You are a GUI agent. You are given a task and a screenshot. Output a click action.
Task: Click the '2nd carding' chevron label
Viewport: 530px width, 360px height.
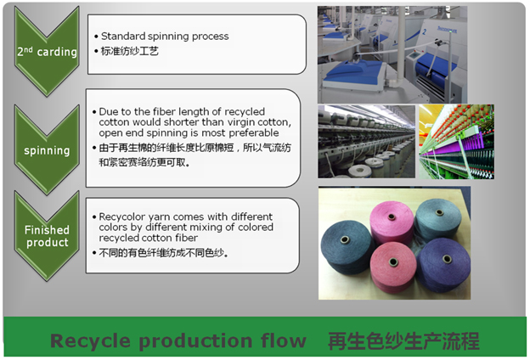(47, 52)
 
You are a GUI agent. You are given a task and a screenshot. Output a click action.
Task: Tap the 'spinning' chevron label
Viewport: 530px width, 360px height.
(47, 150)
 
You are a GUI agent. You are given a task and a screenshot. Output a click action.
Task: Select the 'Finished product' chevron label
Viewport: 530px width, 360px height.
(47, 236)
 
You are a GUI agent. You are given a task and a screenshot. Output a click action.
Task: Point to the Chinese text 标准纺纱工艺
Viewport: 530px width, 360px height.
(130, 51)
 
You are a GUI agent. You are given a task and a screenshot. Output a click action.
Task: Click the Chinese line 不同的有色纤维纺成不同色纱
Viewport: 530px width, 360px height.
(164, 252)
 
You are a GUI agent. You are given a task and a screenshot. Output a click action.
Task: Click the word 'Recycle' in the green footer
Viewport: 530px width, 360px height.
(90, 340)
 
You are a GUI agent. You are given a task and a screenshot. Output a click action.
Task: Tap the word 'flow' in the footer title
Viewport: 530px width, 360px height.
(284, 340)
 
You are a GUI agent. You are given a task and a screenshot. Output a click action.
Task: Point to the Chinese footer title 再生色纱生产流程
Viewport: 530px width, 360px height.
(403, 340)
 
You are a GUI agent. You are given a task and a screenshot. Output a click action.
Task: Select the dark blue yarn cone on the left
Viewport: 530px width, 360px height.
(346, 245)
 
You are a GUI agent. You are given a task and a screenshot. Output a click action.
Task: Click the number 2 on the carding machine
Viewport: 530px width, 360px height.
(424, 31)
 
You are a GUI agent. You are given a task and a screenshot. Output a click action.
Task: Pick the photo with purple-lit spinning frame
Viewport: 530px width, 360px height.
(456, 142)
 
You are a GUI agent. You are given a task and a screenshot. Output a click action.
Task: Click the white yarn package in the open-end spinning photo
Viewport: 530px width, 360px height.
(359, 170)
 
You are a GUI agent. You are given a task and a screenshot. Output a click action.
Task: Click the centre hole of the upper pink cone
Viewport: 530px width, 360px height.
(392, 217)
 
